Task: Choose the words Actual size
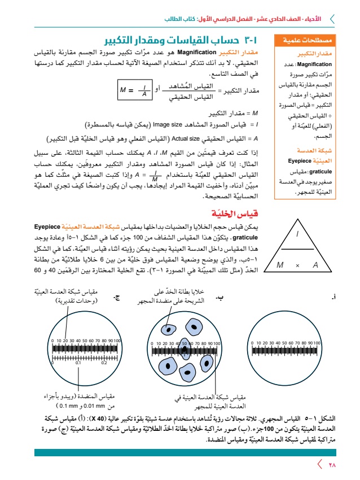pos(200,137)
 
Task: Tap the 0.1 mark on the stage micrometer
pos(78,364)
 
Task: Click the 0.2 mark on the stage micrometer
pos(104,364)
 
